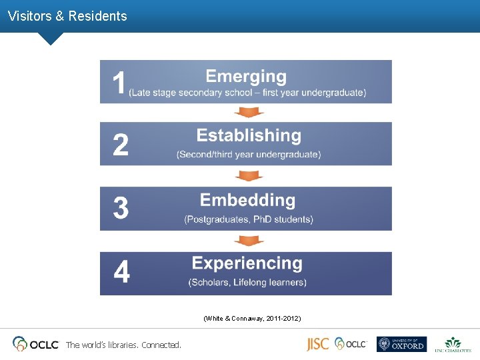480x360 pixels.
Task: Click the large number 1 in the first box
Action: pos(119,83)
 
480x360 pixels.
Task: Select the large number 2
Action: pos(121,145)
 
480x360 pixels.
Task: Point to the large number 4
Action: pos(121,273)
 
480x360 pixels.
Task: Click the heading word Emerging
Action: pos(246,77)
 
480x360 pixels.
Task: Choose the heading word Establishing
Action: pos(249,135)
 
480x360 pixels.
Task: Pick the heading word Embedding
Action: pos(247,200)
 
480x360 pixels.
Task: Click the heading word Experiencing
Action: pos(247,263)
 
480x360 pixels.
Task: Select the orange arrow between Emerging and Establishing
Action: pos(249,112)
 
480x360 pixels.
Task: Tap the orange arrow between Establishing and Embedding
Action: pos(249,176)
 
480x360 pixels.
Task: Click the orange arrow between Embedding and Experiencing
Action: pos(249,241)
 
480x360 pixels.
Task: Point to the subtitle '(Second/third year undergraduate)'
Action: pos(249,155)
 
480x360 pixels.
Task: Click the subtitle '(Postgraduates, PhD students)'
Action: pos(249,219)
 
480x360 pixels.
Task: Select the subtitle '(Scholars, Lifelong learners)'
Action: pos(247,283)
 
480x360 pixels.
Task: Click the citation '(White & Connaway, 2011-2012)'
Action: pos(252,319)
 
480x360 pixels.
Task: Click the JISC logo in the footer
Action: pos(317,344)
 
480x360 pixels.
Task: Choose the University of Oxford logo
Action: pos(401,344)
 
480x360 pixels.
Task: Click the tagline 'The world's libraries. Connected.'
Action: pos(123,345)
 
